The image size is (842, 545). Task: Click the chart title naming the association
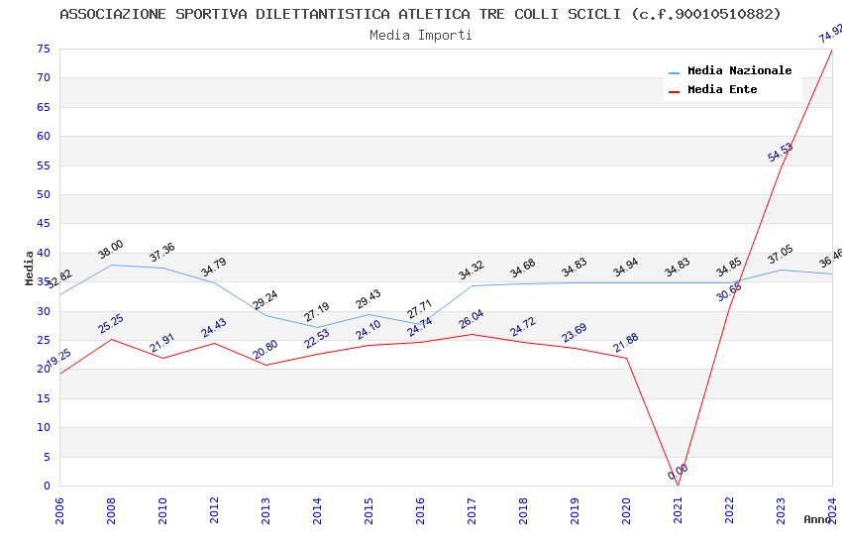coord(420,14)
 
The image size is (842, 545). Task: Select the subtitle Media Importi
coord(420,35)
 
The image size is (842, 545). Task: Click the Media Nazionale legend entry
coord(739,71)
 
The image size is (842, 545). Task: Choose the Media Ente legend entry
coord(722,90)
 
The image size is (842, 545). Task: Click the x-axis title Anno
coord(818,519)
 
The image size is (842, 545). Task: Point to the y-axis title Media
coord(30,268)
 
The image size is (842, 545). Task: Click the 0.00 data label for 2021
coord(678,473)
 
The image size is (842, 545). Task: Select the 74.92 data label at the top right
coord(831,35)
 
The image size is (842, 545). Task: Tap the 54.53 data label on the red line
coord(781,153)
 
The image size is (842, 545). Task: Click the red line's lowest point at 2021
coord(678,485)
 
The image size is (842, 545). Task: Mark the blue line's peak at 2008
coord(111,265)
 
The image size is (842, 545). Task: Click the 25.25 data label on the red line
coord(111,324)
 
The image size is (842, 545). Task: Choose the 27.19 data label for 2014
coord(317,312)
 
